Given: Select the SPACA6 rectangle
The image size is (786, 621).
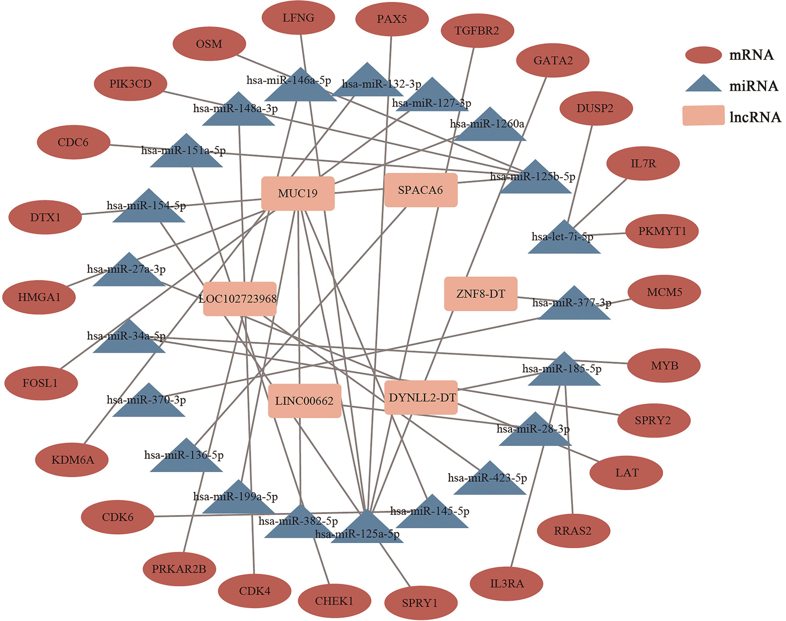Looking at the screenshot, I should tap(421, 190).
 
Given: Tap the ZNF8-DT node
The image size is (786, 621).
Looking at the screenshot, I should tap(480, 294).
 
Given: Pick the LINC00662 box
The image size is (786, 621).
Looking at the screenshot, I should tap(304, 401).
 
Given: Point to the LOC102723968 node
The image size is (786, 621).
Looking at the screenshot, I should tap(240, 299).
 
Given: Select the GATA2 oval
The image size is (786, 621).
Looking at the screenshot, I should tap(552, 60).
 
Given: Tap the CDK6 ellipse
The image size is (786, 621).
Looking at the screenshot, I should tap(117, 517).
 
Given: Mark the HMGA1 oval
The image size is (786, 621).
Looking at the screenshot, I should tap(39, 297).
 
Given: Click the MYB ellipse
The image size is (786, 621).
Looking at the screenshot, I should tap(664, 365).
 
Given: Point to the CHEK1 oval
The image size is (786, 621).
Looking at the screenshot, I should tap(334, 601).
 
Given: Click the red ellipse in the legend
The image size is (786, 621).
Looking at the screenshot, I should tap(703, 55).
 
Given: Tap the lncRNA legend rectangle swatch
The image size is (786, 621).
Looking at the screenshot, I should tap(703, 116).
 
